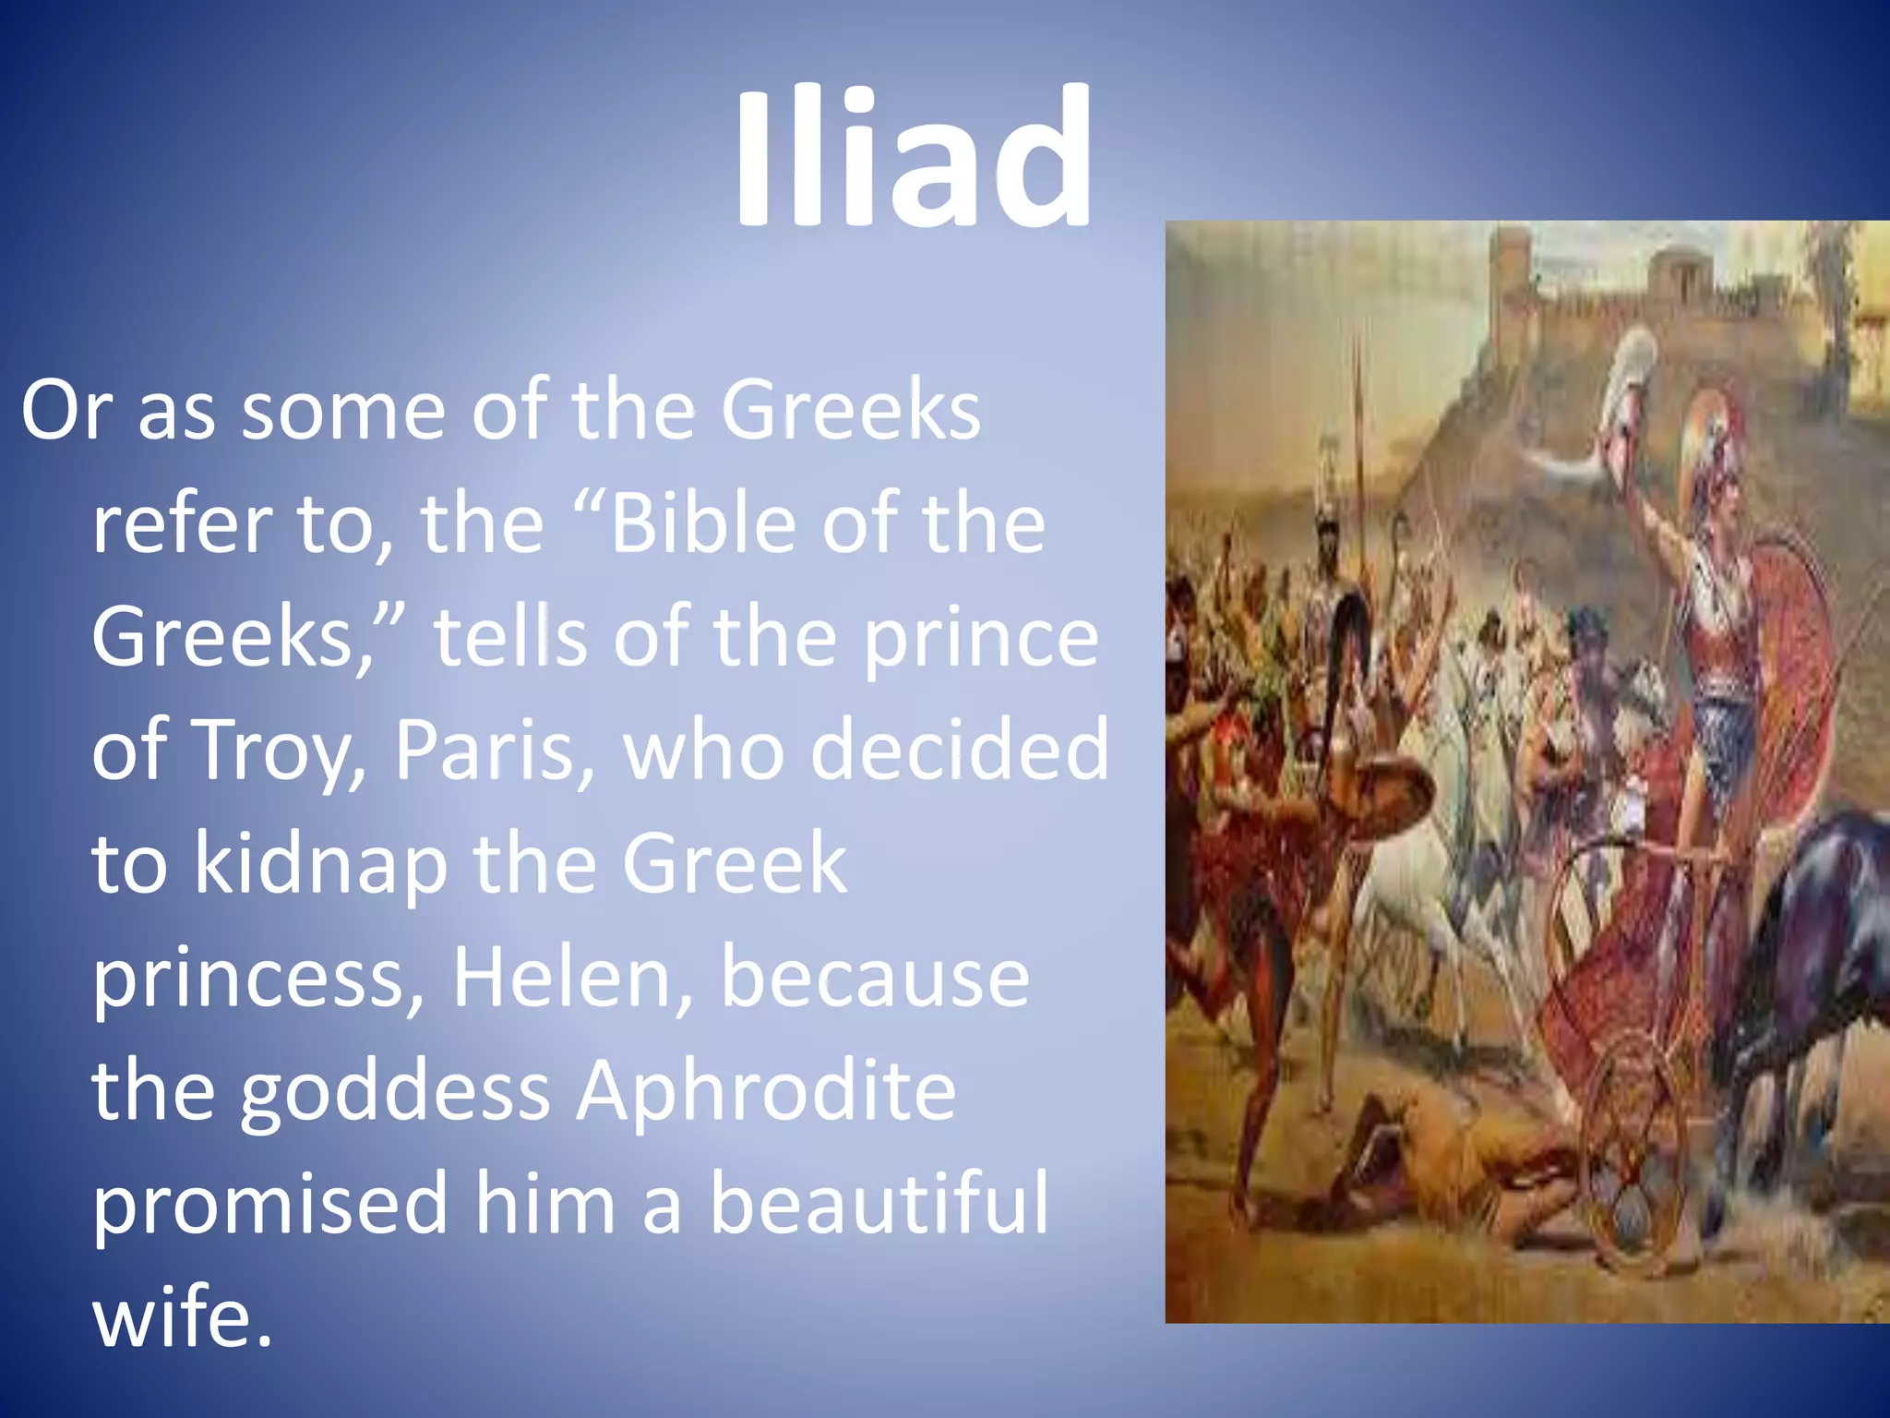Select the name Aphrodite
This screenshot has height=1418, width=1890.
(x=766, y=1091)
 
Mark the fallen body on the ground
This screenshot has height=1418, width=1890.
(x=1458, y=1163)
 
